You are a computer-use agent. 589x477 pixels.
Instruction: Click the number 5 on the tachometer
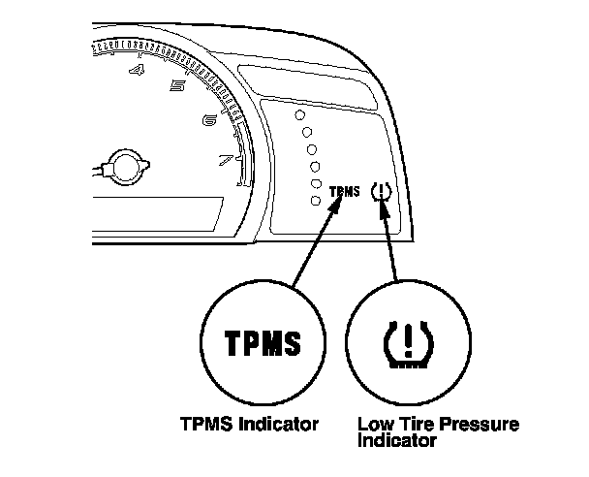click(177, 86)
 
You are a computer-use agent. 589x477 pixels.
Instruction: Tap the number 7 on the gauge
click(227, 160)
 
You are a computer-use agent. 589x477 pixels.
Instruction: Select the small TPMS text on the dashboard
click(344, 192)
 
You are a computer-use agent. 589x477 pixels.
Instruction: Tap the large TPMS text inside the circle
click(263, 344)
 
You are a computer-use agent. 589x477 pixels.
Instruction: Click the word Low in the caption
click(373, 425)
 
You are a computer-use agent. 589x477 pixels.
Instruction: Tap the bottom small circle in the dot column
click(314, 200)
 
